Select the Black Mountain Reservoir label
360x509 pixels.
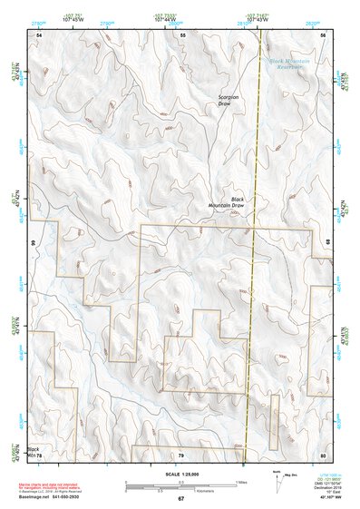[x=290, y=64]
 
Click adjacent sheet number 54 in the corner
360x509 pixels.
[x=39, y=34]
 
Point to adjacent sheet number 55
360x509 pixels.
[x=182, y=34]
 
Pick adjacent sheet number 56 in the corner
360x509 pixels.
[x=324, y=34]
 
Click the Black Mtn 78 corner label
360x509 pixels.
[x=34, y=452]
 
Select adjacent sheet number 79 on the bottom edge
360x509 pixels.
[x=181, y=454]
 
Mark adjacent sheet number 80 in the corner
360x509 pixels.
[x=323, y=454]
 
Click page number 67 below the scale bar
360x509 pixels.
[x=180, y=498]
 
